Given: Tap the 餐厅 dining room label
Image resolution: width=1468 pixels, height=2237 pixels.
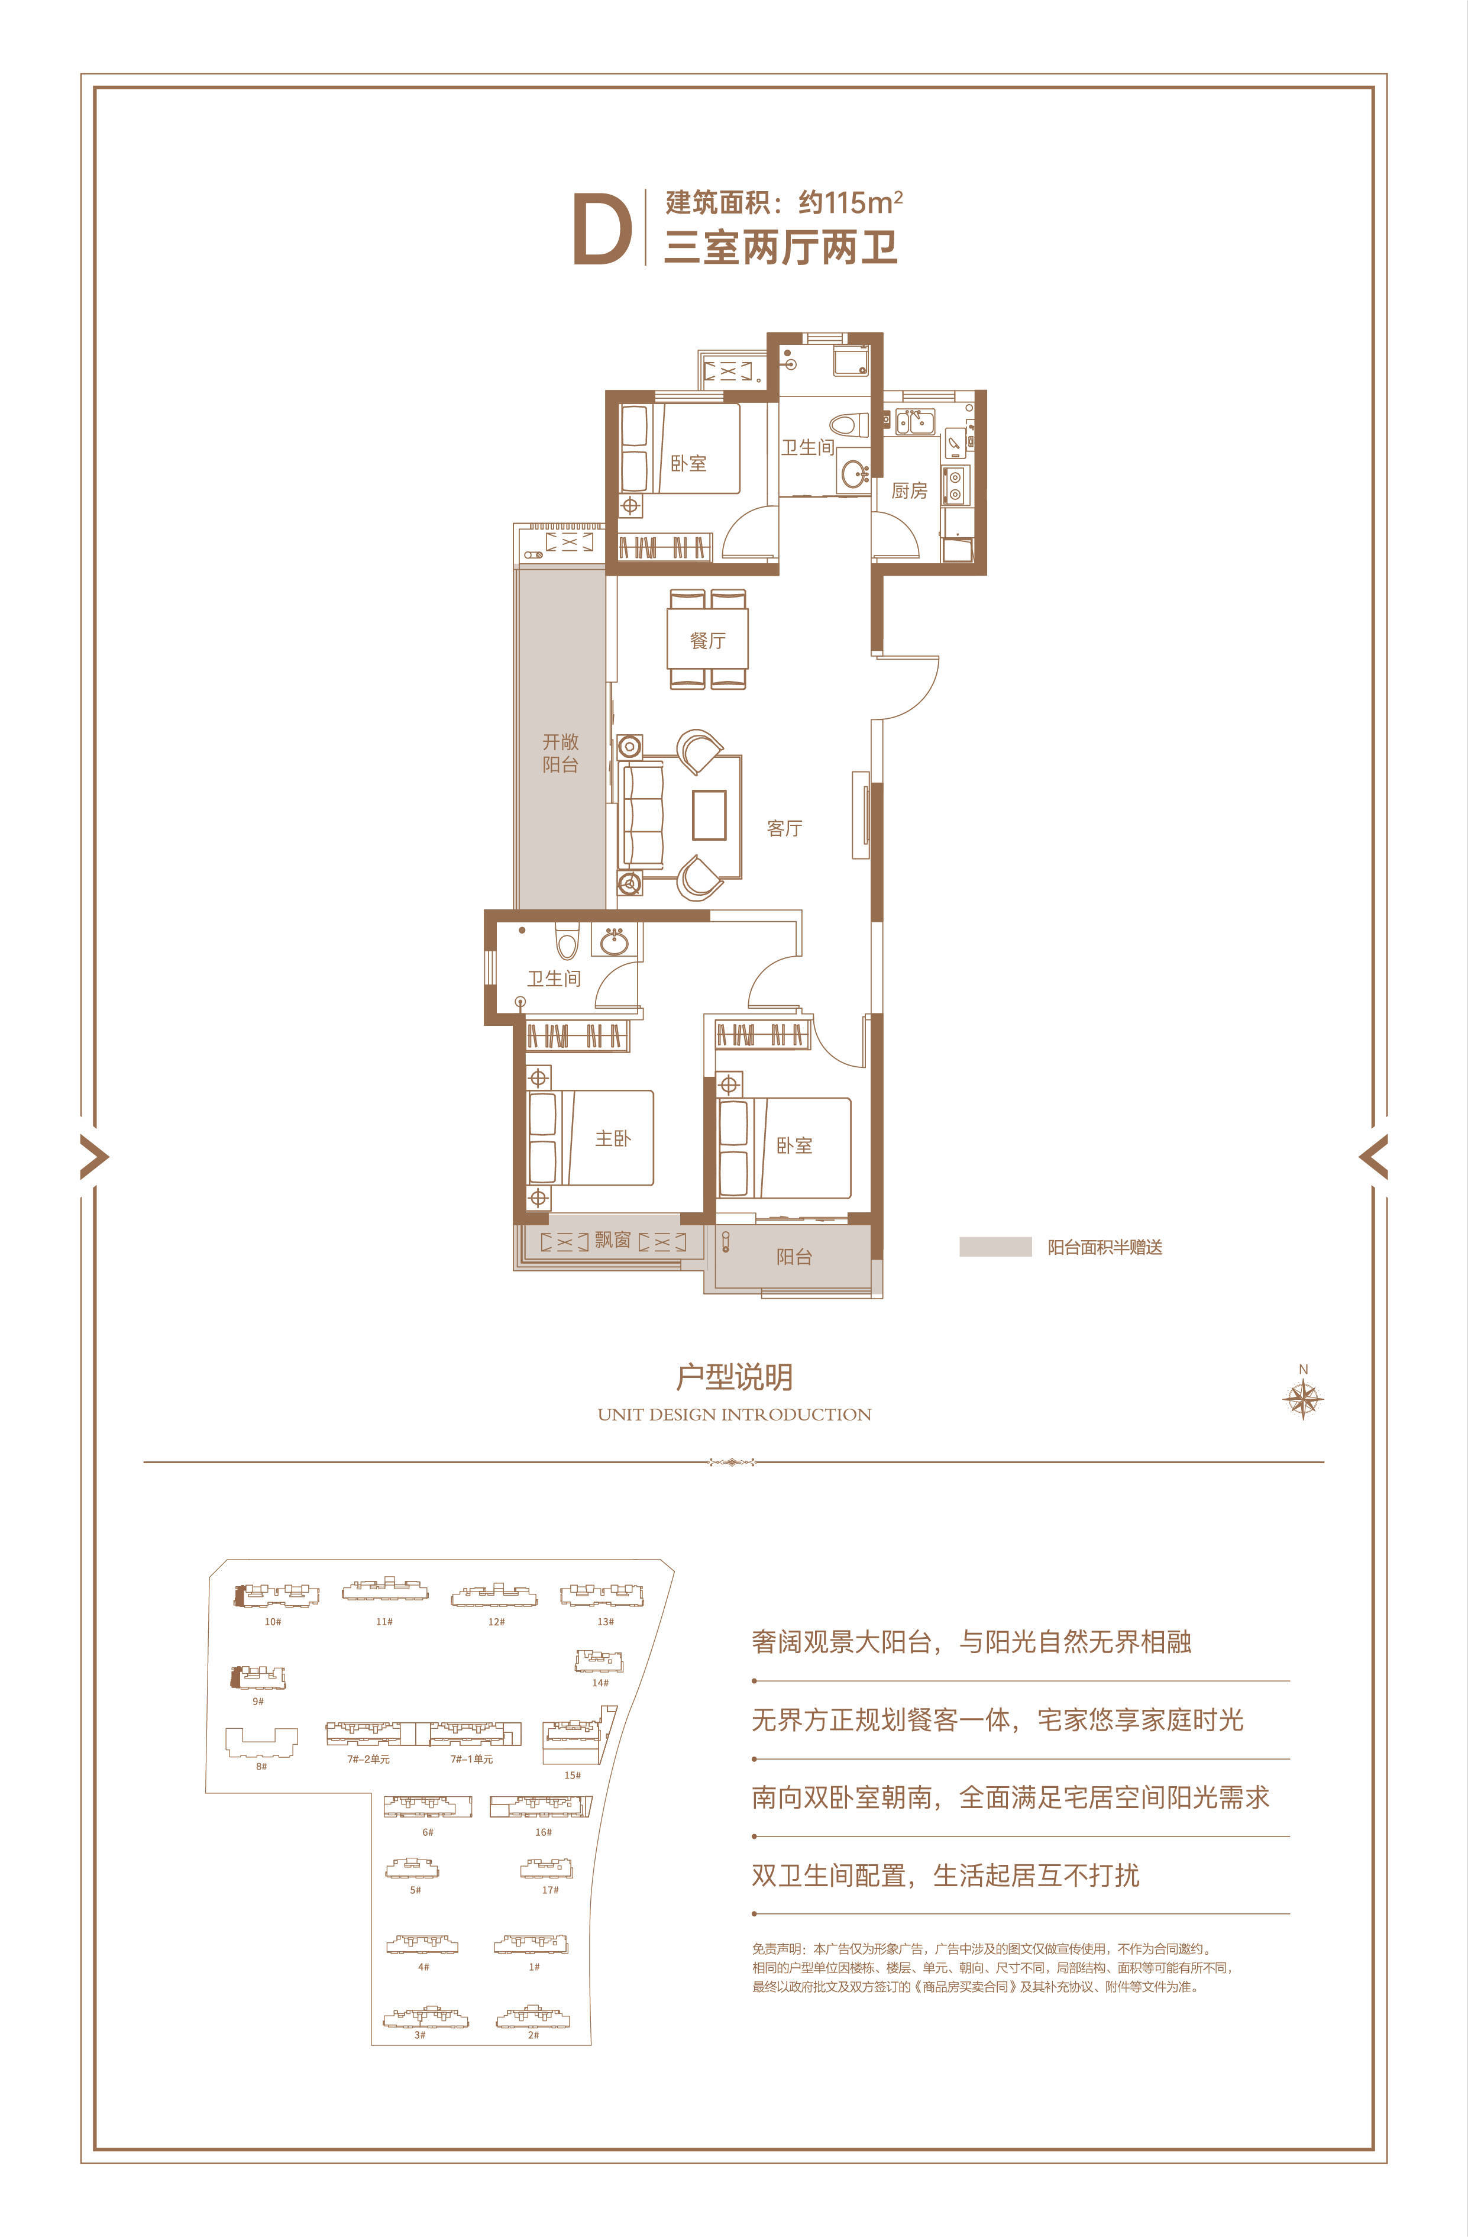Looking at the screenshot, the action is (708, 641).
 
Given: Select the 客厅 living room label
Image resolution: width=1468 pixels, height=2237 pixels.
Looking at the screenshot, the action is (785, 828).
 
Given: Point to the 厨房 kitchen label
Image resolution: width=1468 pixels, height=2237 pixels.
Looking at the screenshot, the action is (909, 490).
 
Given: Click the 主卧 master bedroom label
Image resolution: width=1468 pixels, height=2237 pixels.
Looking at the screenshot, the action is (613, 1138).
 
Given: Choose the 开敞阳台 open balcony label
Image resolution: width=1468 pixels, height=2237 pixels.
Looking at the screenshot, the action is (560, 753).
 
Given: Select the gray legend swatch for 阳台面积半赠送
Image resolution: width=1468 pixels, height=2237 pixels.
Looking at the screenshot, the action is (995, 1247).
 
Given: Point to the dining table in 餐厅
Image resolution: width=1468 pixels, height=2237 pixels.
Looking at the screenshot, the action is (708, 638).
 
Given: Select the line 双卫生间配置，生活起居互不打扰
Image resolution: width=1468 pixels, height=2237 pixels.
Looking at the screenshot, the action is (946, 1875).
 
